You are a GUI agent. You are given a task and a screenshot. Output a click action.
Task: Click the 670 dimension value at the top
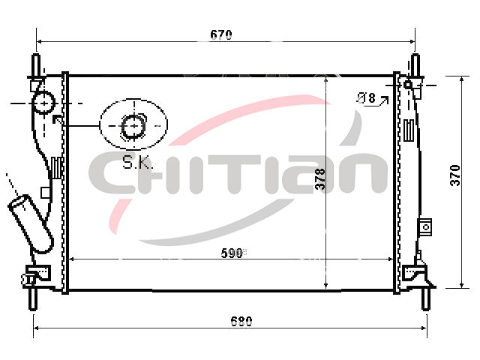[221, 34]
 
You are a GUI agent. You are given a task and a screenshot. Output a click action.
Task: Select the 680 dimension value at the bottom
[241, 322]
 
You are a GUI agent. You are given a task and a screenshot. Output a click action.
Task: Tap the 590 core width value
[232, 253]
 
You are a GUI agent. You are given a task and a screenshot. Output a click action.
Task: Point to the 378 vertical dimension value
[320, 178]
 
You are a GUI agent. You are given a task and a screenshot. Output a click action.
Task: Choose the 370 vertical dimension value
[455, 175]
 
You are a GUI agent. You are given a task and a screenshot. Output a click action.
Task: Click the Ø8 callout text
[367, 98]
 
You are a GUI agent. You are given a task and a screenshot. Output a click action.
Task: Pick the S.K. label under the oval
[137, 162]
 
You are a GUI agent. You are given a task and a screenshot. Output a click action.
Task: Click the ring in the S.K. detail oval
[133, 126]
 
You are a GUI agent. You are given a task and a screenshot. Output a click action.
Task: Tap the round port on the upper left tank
[43, 103]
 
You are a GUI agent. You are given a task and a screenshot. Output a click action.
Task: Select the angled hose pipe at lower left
[31, 223]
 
